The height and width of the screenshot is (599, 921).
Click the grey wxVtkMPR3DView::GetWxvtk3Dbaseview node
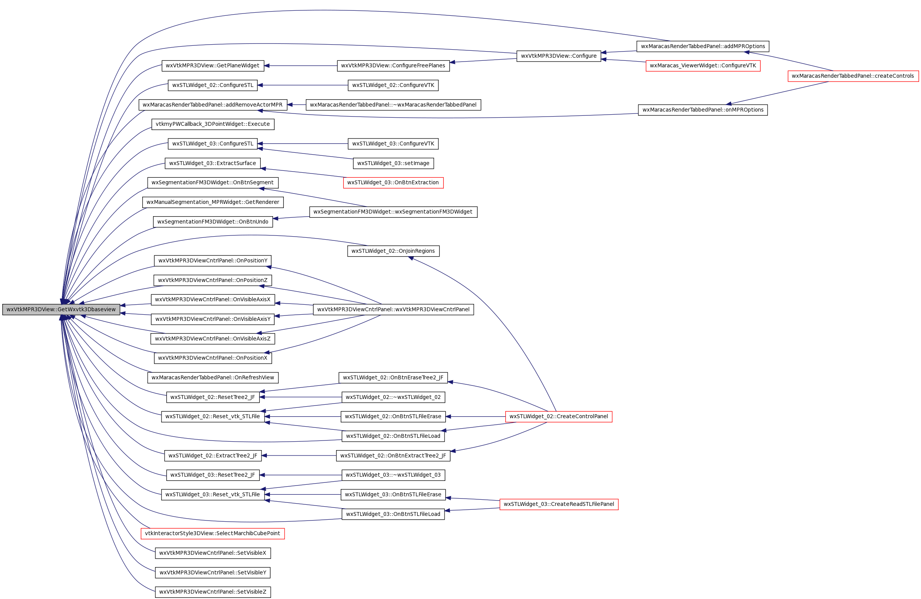point(61,309)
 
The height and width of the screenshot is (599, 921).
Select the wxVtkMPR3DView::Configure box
point(558,56)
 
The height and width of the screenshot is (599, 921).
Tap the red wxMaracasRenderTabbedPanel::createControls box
point(853,76)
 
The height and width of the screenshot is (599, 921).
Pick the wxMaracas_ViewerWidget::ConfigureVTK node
point(703,65)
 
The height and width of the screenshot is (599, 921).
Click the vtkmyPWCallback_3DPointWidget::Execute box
point(213,124)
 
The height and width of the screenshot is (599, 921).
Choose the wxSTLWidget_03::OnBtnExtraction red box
point(393,182)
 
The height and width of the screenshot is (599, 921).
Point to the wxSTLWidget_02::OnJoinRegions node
point(393,251)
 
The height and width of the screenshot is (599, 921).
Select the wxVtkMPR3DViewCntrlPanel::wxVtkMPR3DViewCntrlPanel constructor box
point(393,309)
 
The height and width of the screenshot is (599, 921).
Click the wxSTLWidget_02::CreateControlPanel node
point(558,416)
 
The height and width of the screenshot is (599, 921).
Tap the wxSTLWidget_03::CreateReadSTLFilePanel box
point(559,504)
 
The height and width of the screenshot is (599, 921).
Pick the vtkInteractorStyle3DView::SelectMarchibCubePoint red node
point(212,533)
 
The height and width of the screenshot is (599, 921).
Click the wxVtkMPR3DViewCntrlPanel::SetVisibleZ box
point(213,592)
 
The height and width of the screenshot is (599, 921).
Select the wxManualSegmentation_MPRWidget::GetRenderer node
point(213,202)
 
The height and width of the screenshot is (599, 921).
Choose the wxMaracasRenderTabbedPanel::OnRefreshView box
point(213,377)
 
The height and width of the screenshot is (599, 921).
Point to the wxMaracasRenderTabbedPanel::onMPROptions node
point(703,110)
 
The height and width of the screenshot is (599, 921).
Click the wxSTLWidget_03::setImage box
point(393,163)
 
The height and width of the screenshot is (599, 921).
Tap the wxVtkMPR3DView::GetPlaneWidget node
point(213,65)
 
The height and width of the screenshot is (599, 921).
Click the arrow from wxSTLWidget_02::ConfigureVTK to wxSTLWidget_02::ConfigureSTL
point(303,85)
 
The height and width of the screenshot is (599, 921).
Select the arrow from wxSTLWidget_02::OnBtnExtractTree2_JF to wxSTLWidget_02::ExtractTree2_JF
point(299,456)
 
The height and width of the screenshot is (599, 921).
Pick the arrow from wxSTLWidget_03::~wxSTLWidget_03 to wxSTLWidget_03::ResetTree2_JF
point(300,475)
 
